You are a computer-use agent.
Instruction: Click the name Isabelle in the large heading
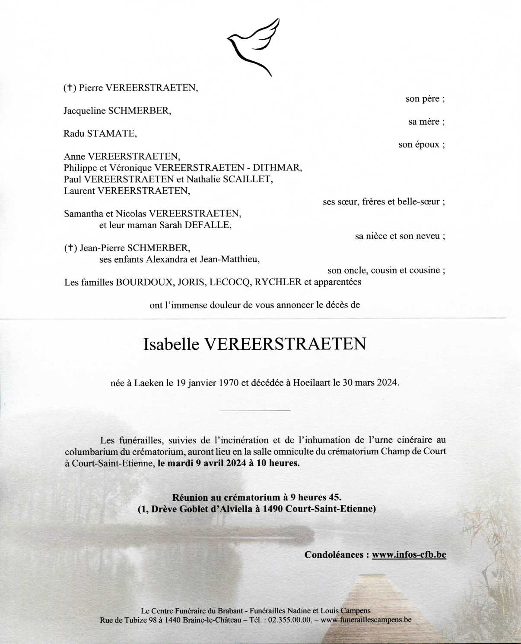tap(171, 344)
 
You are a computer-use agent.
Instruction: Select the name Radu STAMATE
tap(100, 133)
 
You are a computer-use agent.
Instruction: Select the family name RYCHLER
tap(278, 282)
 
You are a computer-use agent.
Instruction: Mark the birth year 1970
tap(229, 383)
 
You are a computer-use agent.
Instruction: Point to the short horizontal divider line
tap(255, 410)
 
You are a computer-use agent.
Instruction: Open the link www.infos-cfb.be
tap(409, 555)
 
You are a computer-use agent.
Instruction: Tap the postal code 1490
tap(272, 509)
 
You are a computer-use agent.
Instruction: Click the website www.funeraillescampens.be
tap(366, 620)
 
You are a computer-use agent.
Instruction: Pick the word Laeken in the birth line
tap(149, 383)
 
